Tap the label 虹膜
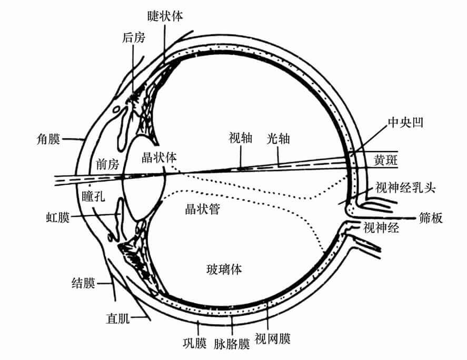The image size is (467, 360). point(58,217)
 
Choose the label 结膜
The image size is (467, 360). point(83,283)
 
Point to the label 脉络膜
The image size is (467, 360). point(232,345)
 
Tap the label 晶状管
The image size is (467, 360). point(202,209)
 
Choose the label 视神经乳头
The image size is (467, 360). point(405,187)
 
